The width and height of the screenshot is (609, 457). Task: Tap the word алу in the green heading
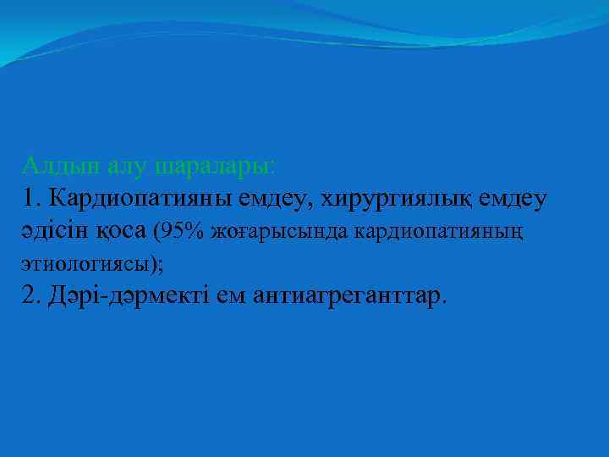[113, 163]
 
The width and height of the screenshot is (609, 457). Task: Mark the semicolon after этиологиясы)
[161, 264]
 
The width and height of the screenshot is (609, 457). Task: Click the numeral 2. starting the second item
[32, 296]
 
